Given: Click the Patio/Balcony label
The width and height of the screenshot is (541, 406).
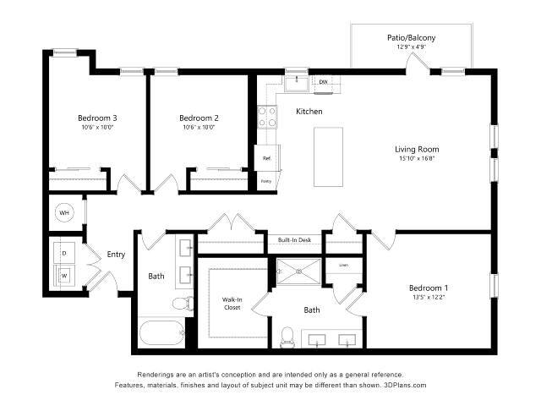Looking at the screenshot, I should click(x=411, y=37).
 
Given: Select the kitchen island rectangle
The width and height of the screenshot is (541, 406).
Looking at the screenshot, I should click(x=329, y=156).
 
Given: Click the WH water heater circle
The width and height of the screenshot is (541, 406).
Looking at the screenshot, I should click(x=64, y=212).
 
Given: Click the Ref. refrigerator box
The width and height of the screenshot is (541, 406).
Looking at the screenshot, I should click(x=266, y=158).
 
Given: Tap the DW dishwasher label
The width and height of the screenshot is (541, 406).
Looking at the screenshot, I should click(x=323, y=82).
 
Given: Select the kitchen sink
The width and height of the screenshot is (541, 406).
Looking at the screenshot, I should click(x=296, y=82).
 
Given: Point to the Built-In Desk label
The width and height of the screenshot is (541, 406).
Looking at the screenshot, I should click(x=294, y=240).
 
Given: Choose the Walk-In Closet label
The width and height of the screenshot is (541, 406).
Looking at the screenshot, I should click(x=232, y=303).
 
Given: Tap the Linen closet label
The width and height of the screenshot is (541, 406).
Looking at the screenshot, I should click(x=343, y=265).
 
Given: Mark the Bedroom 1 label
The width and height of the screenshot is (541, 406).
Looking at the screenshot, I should click(x=428, y=287).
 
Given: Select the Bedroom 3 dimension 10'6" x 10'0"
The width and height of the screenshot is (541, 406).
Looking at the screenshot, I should click(x=97, y=128).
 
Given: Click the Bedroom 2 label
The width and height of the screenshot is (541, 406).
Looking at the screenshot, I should click(x=199, y=118).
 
